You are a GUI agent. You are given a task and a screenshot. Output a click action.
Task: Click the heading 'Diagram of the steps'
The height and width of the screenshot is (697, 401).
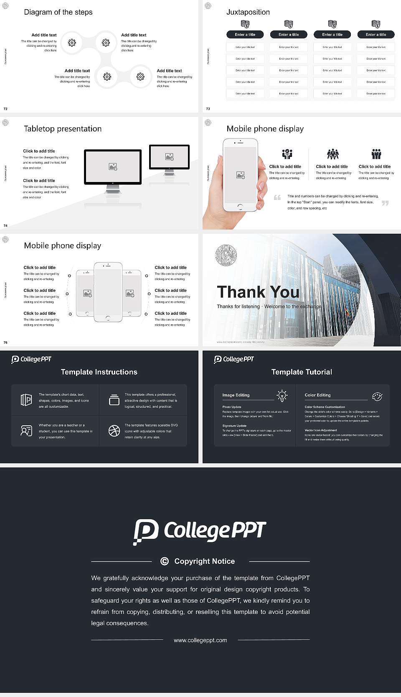pyautogui.click(x=58, y=12)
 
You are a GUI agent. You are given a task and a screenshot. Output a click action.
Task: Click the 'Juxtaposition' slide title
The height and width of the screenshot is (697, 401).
pyautogui.click(x=248, y=12)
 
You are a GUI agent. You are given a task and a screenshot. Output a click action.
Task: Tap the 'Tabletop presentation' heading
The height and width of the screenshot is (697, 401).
pyautogui.click(x=63, y=129)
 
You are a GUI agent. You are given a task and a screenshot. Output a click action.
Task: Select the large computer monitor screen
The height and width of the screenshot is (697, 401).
pyautogui.click(x=113, y=167)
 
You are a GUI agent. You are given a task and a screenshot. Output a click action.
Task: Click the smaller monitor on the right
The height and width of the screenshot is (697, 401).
pyautogui.click(x=169, y=157)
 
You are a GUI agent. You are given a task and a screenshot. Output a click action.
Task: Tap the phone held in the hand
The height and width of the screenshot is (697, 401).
pyautogui.click(x=240, y=174)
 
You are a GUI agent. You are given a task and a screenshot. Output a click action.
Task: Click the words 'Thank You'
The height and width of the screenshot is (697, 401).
pyautogui.click(x=258, y=292)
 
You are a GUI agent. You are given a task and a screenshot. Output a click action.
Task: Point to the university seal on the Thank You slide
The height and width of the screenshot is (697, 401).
pyautogui.click(x=226, y=255)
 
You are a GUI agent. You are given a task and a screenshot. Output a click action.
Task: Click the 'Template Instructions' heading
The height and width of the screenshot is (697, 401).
pyautogui.click(x=99, y=372)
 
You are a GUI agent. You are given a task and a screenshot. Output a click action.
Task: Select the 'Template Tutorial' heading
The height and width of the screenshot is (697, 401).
pyautogui.click(x=302, y=372)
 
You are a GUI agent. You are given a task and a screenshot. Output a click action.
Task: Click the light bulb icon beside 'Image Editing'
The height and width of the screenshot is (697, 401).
pyautogui.click(x=282, y=395)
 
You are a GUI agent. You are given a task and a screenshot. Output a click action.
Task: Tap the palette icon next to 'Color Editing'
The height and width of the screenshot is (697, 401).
pyautogui.click(x=377, y=396)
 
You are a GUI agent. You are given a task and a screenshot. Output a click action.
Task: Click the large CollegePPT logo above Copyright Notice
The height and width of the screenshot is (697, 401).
pyautogui.click(x=200, y=531)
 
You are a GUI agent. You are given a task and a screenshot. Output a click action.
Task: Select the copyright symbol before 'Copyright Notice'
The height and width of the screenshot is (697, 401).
pyautogui.click(x=165, y=561)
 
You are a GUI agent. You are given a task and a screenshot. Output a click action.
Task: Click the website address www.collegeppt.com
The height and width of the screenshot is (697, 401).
pyautogui.click(x=200, y=640)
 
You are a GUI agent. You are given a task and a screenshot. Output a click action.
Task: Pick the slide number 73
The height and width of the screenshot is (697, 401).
pyautogui.click(x=208, y=109)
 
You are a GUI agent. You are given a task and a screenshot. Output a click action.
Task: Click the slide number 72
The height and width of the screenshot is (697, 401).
pyautogui.click(x=5, y=109)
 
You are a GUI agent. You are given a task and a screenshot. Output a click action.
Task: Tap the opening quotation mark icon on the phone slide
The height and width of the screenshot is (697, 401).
pyautogui.click(x=277, y=197)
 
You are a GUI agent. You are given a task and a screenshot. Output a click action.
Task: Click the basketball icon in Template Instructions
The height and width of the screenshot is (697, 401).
pyautogui.click(x=114, y=431)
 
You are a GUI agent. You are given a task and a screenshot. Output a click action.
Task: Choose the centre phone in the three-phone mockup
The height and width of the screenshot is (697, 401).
pyautogui.click(x=108, y=292)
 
